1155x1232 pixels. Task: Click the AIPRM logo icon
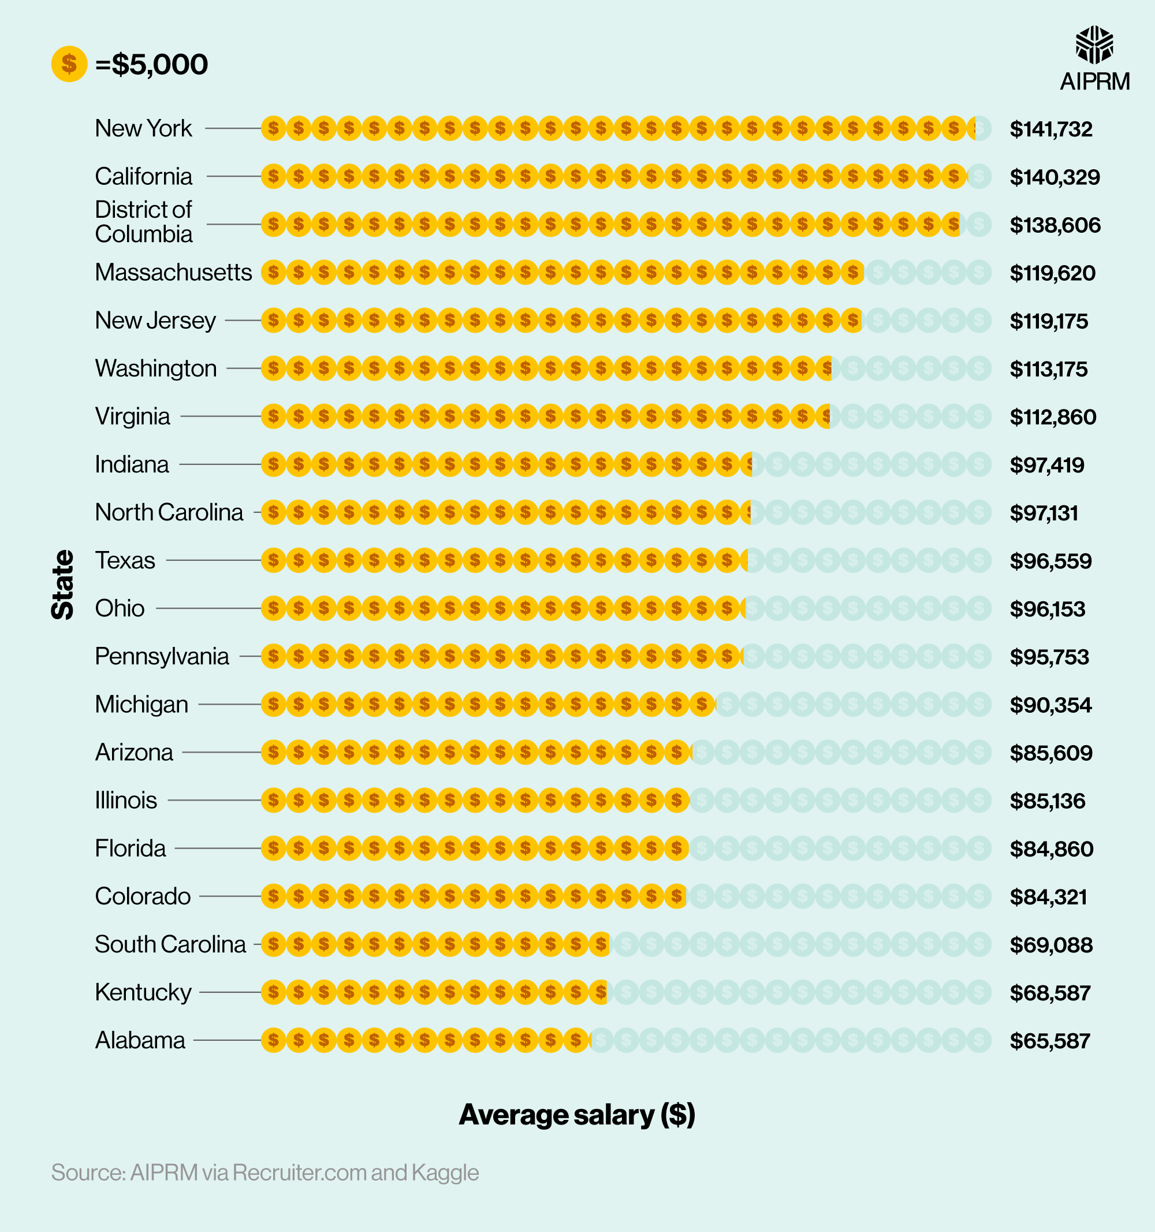[1094, 44]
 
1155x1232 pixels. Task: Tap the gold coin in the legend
[69, 64]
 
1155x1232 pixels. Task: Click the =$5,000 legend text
[152, 65]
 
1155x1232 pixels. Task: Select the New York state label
[143, 128]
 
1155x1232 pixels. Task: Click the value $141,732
[1051, 129]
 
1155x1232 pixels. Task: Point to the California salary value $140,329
[1055, 177]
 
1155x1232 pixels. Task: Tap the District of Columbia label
[144, 222]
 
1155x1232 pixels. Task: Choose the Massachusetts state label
[173, 273]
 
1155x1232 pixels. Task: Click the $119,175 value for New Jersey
[1048, 321]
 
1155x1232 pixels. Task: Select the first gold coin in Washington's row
[273, 368]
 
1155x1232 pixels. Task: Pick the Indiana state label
[131, 464]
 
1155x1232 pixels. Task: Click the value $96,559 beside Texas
[1050, 561]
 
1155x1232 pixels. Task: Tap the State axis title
[62, 585]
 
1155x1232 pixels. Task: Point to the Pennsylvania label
[162, 656]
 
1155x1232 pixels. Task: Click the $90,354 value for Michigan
[1050, 705]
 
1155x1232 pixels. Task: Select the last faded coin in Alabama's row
[979, 1040]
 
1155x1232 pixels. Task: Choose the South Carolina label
[170, 944]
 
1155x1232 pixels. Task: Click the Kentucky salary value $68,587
[1050, 993]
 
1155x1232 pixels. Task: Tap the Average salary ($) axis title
[577, 1115]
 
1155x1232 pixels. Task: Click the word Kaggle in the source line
[445, 1173]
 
